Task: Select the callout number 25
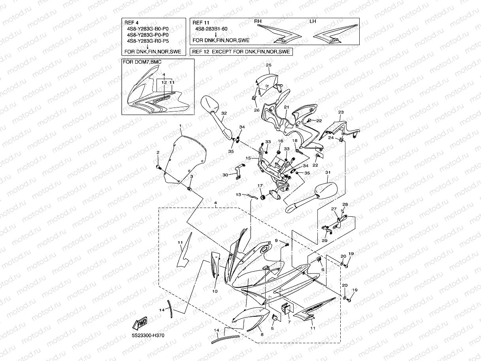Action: (268, 65)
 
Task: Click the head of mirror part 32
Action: (209, 104)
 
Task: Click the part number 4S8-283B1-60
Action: (211, 29)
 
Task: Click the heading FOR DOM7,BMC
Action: (142, 62)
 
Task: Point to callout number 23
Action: (341, 112)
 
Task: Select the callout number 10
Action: (215, 291)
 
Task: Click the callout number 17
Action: (260, 186)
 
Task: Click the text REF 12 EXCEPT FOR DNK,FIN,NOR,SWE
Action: (241, 52)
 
